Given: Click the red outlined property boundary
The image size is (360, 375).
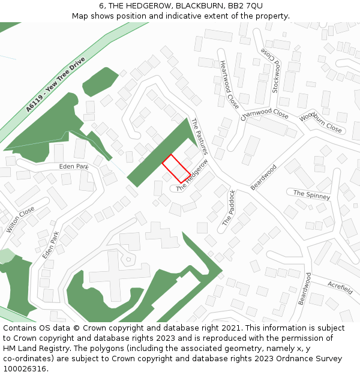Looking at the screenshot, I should coord(176,168).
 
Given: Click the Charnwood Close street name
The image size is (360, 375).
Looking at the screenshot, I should coord(265,114).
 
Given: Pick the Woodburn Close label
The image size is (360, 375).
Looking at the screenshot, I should coord(320,123).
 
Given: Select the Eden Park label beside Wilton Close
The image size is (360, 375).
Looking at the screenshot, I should coord(74,166).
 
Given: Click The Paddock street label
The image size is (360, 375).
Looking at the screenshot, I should coord(229,208).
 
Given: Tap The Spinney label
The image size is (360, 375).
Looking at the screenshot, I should coord(311,194).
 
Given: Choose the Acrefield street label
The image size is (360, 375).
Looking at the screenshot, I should coord(340,287).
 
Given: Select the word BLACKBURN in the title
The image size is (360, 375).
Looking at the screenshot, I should coord(195,6).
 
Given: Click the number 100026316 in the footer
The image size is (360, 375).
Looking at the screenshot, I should coord(25,368).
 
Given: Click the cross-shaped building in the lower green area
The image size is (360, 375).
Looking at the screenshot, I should coord(112,273).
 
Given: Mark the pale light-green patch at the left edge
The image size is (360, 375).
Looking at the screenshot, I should coord(5,256).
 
